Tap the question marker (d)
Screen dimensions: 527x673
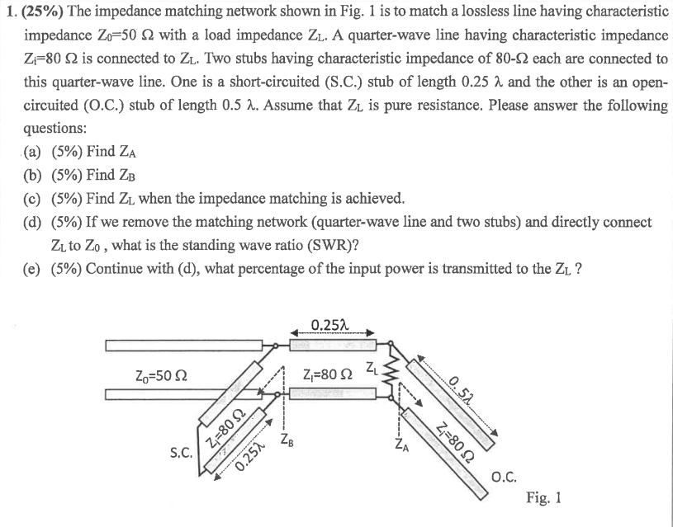(36, 223)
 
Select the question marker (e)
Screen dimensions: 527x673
(36, 270)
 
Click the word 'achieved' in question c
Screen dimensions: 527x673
(373, 199)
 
